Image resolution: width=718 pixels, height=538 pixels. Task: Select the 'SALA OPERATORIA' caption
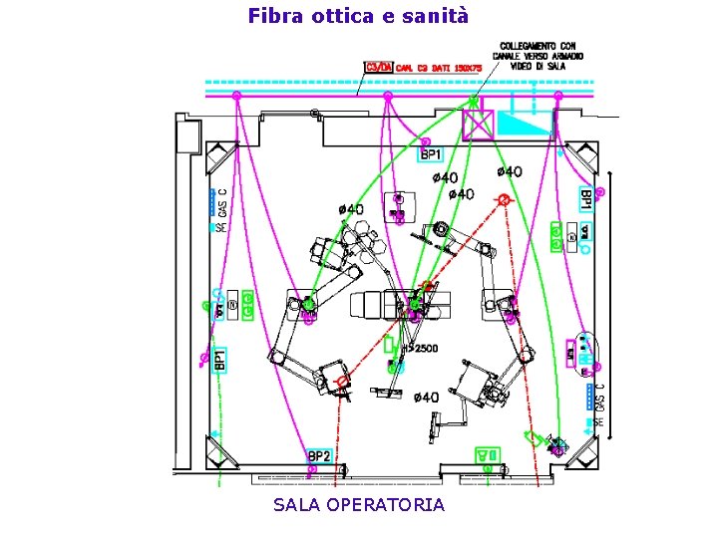[x=359, y=505]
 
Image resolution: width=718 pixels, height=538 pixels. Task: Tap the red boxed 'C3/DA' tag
[x=379, y=67]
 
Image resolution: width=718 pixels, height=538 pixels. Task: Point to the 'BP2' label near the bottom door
[x=320, y=456]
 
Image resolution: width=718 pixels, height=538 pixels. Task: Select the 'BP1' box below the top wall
[x=430, y=153]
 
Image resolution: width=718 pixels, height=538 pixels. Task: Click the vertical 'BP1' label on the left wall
[x=220, y=359]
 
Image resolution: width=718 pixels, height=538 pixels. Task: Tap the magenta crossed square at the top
[x=479, y=125]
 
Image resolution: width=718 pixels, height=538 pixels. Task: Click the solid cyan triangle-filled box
[x=525, y=124]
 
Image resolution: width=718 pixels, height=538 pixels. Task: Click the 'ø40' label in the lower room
[x=426, y=398]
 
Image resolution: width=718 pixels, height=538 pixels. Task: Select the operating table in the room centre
[x=389, y=300]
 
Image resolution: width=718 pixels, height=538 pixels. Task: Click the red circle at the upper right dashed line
[x=504, y=200]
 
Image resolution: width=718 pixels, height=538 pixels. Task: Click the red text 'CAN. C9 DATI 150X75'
[x=439, y=68]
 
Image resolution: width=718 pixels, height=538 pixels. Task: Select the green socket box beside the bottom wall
[x=488, y=455]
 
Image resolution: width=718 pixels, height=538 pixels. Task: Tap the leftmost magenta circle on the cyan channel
[x=236, y=96]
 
